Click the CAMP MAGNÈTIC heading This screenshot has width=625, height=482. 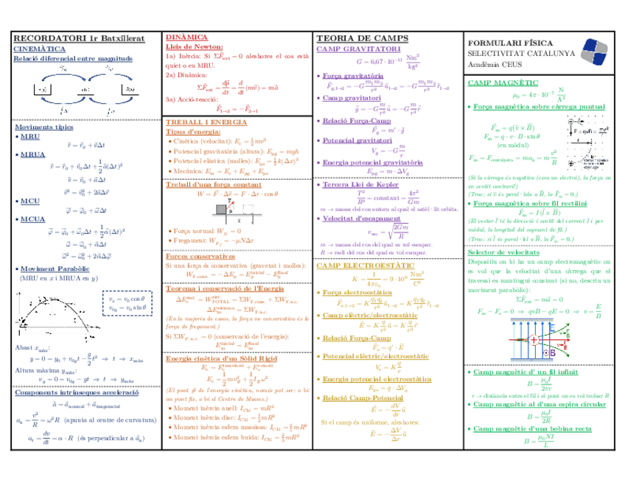[502, 84]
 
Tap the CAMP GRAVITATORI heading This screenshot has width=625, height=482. [354, 49]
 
